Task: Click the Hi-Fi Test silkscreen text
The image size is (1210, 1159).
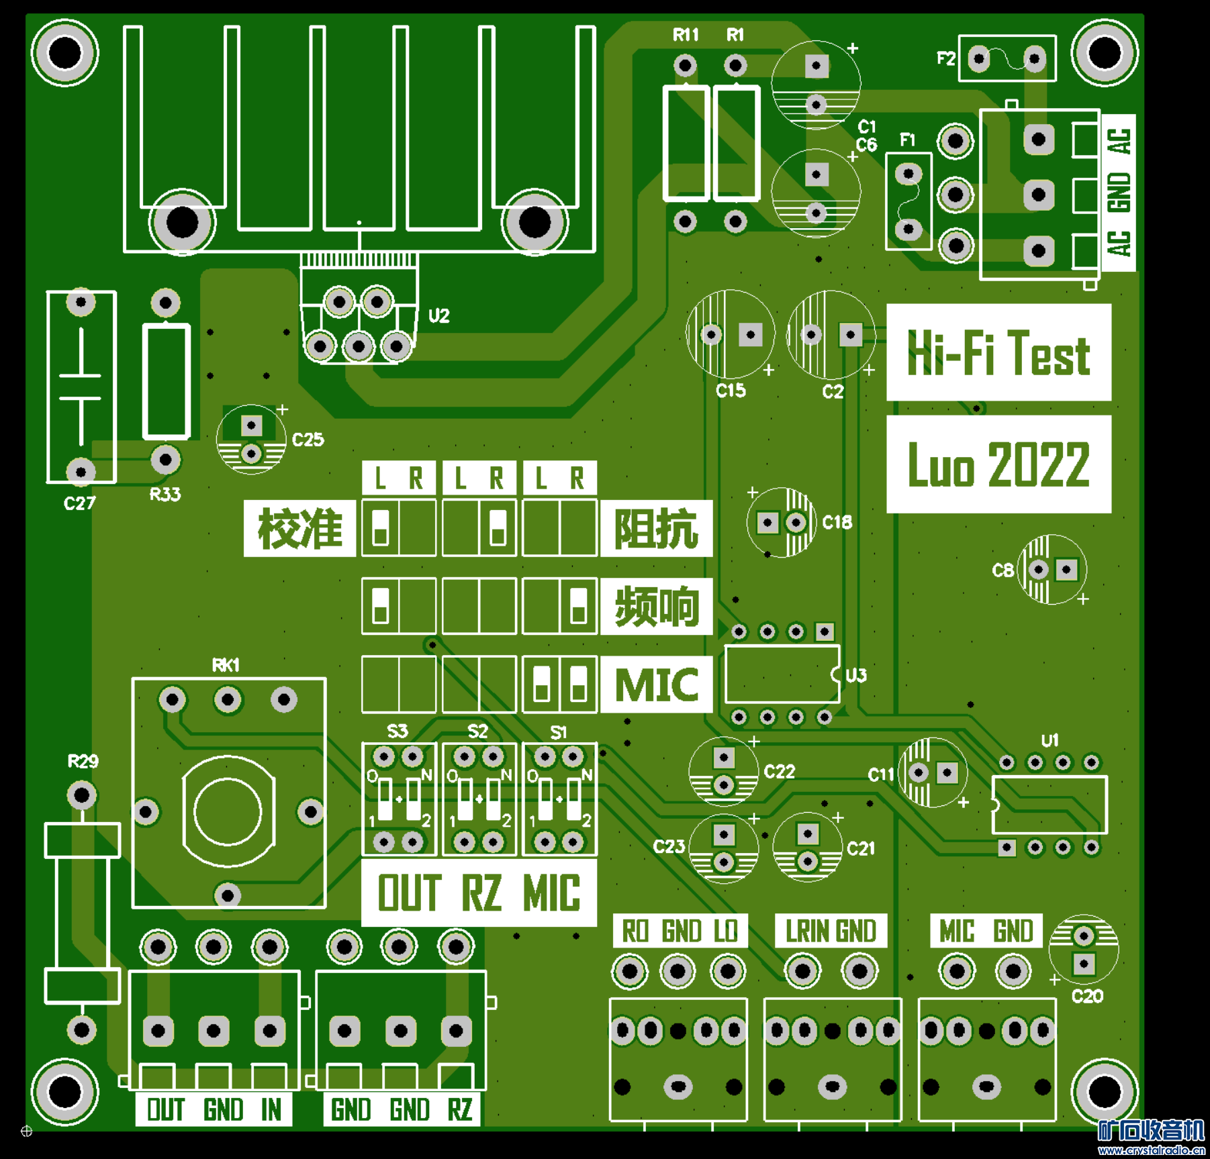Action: [x=998, y=353]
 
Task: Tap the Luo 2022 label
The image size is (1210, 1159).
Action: [x=998, y=464]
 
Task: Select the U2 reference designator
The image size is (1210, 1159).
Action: [x=438, y=315]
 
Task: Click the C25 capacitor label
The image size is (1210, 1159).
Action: [x=308, y=440]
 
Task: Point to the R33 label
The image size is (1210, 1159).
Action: [x=165, y=495]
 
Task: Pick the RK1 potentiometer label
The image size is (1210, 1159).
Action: [x=226, y=665]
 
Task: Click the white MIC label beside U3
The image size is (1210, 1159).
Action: [x=656, y=685]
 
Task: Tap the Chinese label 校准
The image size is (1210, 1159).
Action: [x=299, y=528]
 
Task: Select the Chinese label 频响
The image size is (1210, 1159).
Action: [x=656, y=606]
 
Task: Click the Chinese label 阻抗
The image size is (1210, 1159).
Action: [x=656, y=528]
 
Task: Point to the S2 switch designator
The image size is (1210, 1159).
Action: [x=477, y=731]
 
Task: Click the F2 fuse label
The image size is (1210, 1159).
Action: [x=945, y=59]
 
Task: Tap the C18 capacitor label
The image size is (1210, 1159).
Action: [x=837, y=522]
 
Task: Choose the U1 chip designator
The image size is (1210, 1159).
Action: [x=1050, y=740]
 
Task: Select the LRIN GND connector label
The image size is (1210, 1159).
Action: [x=831, y=931]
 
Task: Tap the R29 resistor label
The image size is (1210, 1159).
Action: [x=83, y=761]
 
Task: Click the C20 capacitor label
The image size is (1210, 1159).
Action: [x=1087, y=997]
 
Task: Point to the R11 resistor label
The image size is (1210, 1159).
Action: [x=686, y=35]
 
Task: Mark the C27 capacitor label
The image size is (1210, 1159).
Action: [x=80, y=503]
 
